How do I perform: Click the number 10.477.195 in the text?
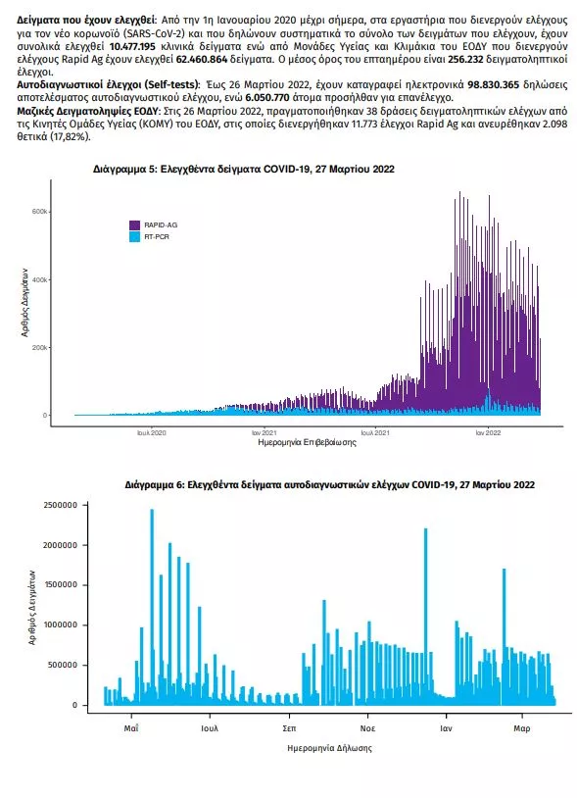pyautogui.click(x=132, y=46)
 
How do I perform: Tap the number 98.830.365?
pyautogui.click(x=494, y=84)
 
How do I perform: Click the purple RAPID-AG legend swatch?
pyautogui.click(x=135, y=224)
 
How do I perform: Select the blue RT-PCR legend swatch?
pyautogui.click(x=135, y=236)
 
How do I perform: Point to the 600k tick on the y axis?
pyautogui.click(x=41, y=212)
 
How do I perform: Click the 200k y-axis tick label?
pyautogui.click(x=41, y=348)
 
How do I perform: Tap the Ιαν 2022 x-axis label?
pyautogui.click(x=488, y=432)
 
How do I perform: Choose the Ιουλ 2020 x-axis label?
pyautogui.click(x=152, y=432)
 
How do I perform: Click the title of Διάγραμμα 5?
pyautogui.click(x=244, y=170)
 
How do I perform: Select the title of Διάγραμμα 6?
pyautogui.click(x=329, y=485)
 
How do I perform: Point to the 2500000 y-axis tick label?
pyautogui.click(x=61, y=505)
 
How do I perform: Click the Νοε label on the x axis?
pyautogui.click(x=367, y=728)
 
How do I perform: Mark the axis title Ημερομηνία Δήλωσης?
pyautogui.click(x=329, y=748)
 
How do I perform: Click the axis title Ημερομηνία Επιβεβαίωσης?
pyautogui.click(x=307, y=442)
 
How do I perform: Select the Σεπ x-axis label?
pyautogui.click(x=289, y=728)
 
